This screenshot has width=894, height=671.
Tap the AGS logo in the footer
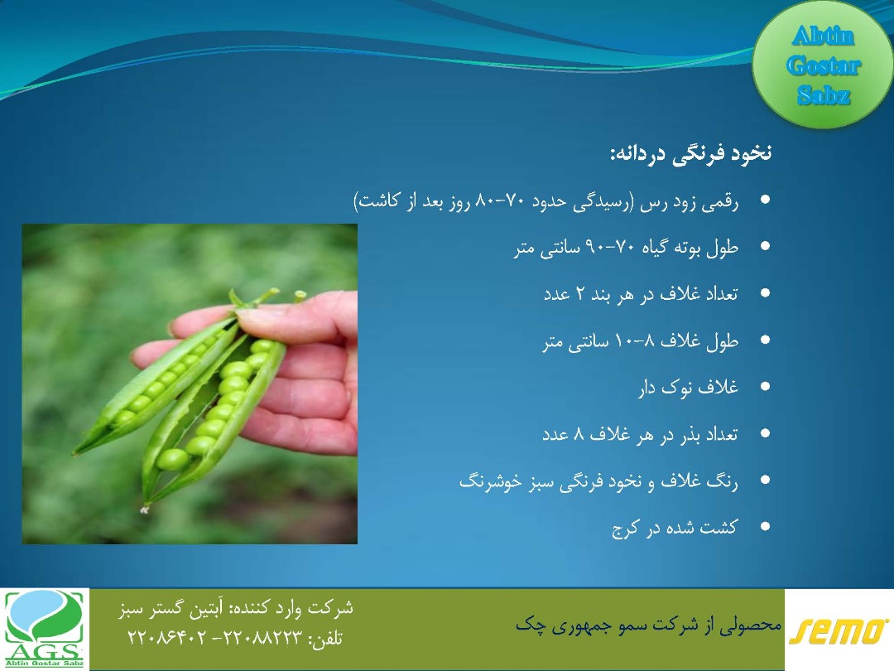click(x=45, y=630)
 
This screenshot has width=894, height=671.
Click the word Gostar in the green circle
click(x=823, y=66)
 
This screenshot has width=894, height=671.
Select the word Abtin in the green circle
click(x=823, y=36)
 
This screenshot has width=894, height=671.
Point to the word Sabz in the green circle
click(x=824, y=95)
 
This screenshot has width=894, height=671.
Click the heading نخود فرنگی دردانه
click(x=691, y=154)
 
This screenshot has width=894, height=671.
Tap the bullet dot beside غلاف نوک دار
click(x=765, y=386)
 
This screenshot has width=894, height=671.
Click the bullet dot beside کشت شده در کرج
click(x=765, y=526)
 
